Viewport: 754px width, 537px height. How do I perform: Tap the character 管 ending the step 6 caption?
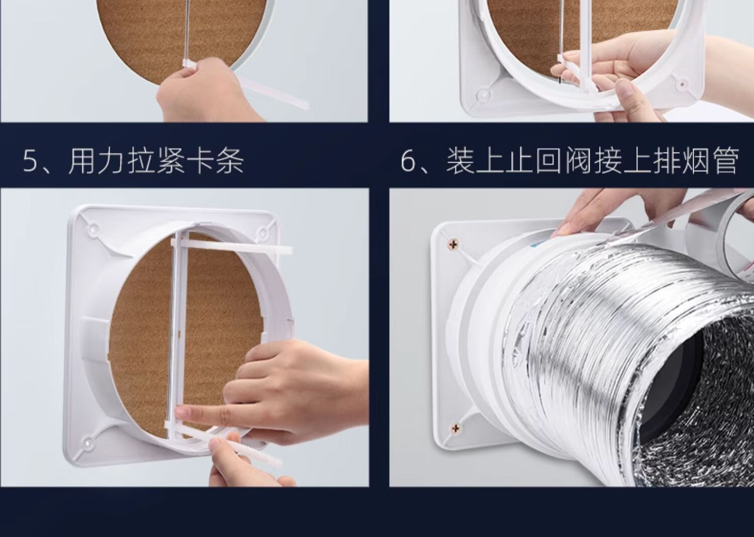click(724, 162)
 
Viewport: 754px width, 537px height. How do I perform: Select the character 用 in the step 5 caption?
click(81, 162)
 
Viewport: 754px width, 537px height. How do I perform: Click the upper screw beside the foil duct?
click(453, 244)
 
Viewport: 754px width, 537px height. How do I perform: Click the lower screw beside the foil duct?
click(456, 428)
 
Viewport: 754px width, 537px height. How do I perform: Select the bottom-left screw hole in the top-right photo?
click(483, 94)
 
